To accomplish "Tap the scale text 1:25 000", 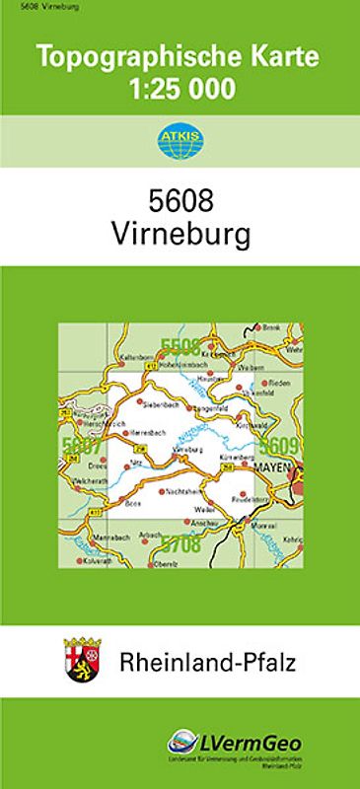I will [x=180, y=89].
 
